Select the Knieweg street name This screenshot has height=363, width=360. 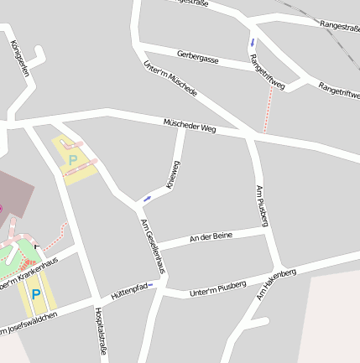point(171,175)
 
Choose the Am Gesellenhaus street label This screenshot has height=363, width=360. point(152,245)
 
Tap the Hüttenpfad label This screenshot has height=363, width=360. point(130,292)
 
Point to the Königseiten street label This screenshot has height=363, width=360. point(20,60)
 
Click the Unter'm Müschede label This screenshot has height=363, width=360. point(170,77)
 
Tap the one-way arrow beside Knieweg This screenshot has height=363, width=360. point(147,199)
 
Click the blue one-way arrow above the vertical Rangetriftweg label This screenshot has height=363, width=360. point(252,42)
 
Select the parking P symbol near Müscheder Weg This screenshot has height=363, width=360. point(72,158)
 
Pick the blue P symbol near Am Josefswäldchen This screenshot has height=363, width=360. point(35,294)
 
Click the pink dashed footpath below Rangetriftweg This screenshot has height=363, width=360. point(269,109)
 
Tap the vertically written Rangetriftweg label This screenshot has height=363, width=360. point(267,71)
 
